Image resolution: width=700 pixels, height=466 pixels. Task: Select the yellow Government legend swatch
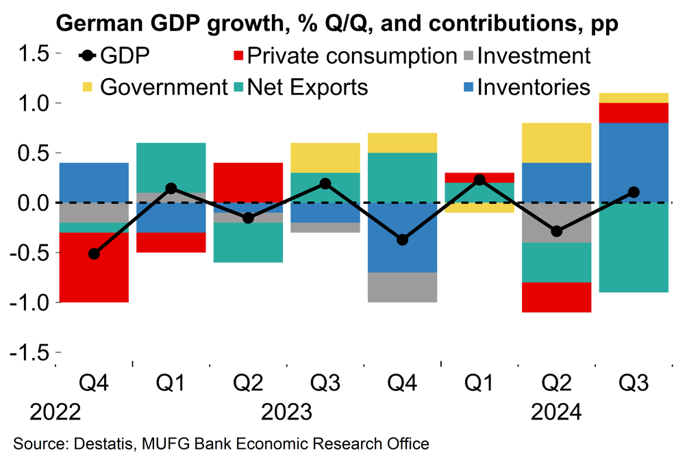click(x=88, y=88)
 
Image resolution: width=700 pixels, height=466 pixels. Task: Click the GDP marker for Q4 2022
click(x=94, y=254)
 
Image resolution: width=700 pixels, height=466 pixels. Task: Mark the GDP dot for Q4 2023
click(x=402, y=240)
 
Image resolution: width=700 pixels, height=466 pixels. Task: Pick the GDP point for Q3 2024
click(x=634, y=192)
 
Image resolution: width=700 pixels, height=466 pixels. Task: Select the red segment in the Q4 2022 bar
click(x=94, y=267)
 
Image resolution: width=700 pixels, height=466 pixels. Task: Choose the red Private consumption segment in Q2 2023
click(x=248, y=183)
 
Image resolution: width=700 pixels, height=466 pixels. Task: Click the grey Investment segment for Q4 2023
click(x=402, y=287)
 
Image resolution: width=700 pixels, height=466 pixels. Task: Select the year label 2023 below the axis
click(x=286, y=413)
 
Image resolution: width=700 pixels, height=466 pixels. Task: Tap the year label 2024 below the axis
click(x=556, y=413)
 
